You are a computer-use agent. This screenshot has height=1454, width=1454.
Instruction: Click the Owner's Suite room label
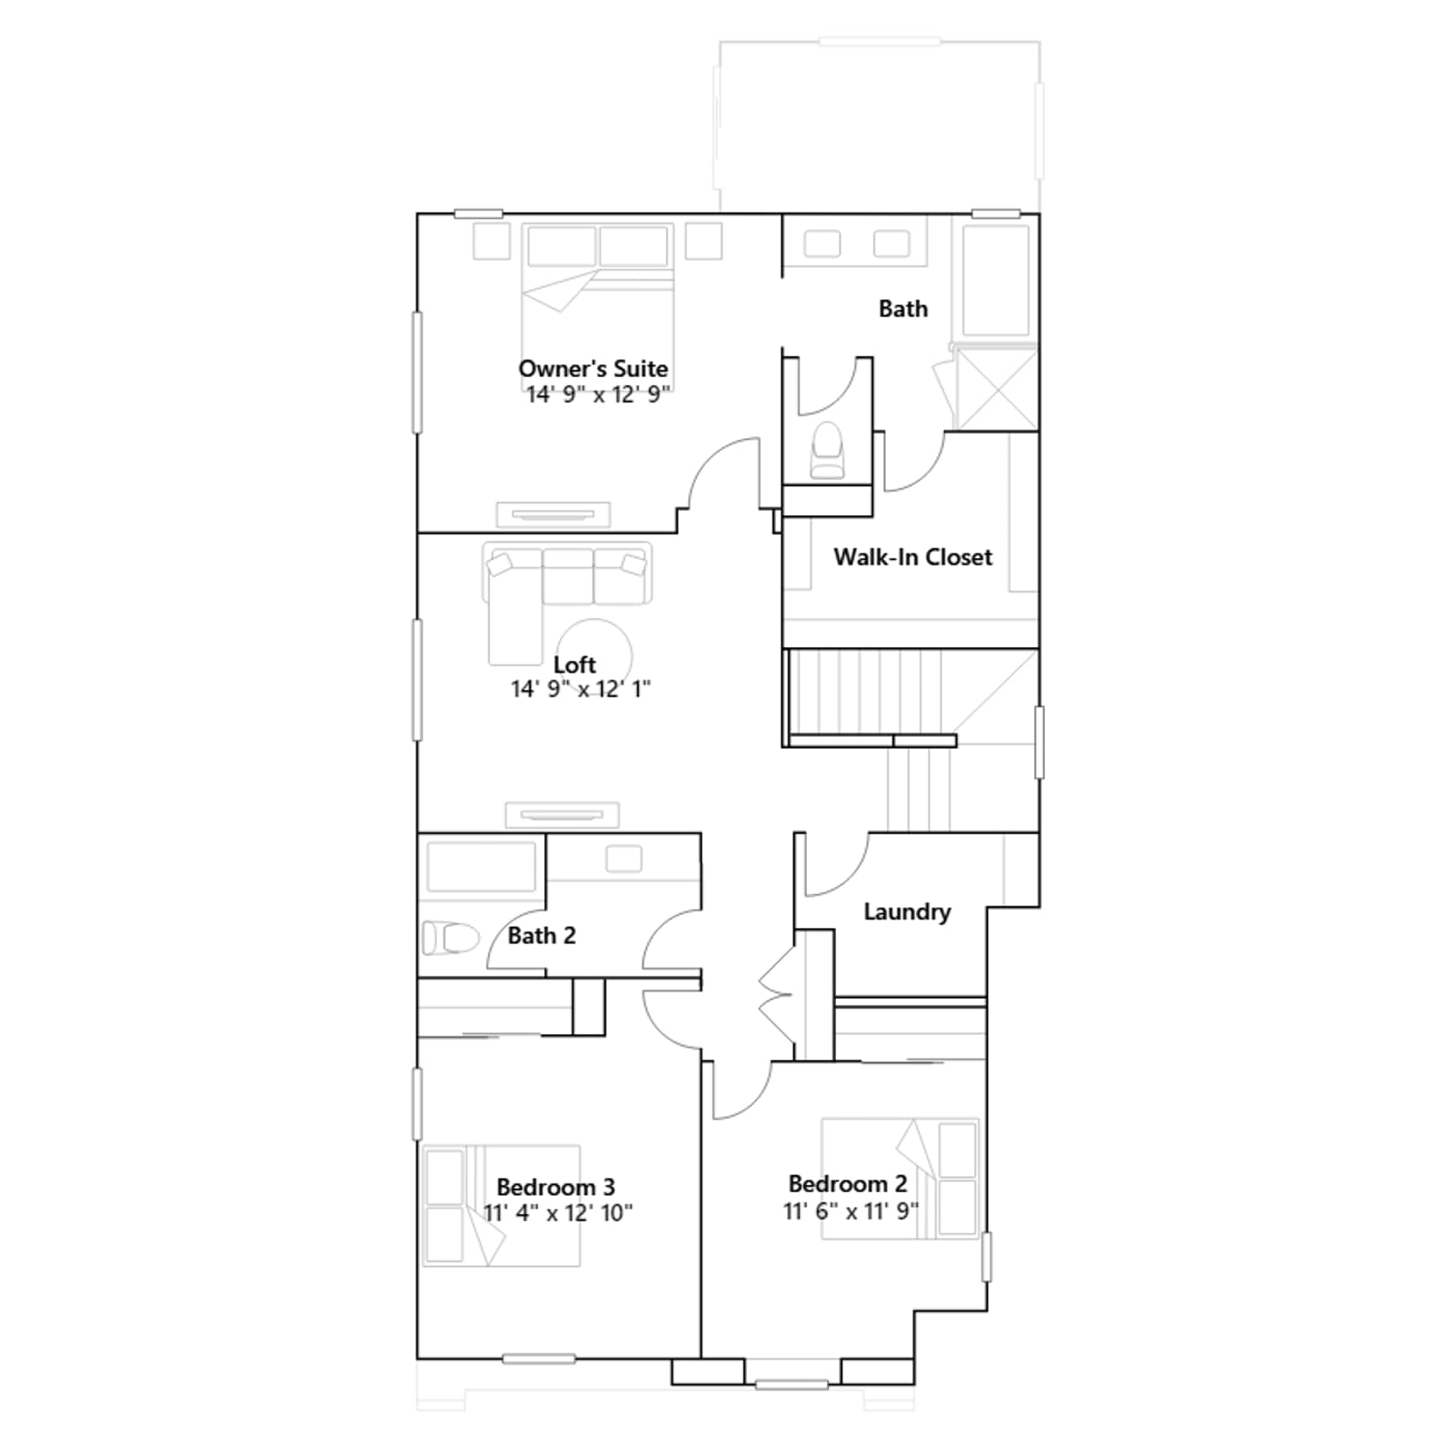click(593, 368)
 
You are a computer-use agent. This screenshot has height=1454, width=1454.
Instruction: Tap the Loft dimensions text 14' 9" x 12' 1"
click(581, 689)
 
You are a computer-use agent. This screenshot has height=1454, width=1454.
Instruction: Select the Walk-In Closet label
click(913, 556)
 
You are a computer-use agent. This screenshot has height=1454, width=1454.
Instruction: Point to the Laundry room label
click(907, 911)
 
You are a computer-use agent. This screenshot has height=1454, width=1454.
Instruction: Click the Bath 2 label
click(542, 935)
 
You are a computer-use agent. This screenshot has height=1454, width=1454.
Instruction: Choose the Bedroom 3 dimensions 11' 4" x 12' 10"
click(558, 1212)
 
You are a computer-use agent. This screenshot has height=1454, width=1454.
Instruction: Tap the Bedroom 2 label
click(848, 1183)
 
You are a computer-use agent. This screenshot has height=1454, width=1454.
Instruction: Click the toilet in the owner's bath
click(828, 449)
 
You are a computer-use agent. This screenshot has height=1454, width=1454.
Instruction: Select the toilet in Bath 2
click(451, 938)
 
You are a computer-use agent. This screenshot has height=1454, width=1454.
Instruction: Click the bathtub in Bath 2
click(482, 866)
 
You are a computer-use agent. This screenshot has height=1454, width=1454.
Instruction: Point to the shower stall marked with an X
click(997, 389)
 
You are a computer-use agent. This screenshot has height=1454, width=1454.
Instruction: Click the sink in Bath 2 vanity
click(623, 859)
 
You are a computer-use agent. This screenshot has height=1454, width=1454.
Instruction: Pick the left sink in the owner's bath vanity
click(822, 244)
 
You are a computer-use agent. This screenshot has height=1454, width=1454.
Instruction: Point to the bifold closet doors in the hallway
click(778, 995)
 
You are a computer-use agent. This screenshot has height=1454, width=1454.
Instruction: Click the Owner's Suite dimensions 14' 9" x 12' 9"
click(599, 394)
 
